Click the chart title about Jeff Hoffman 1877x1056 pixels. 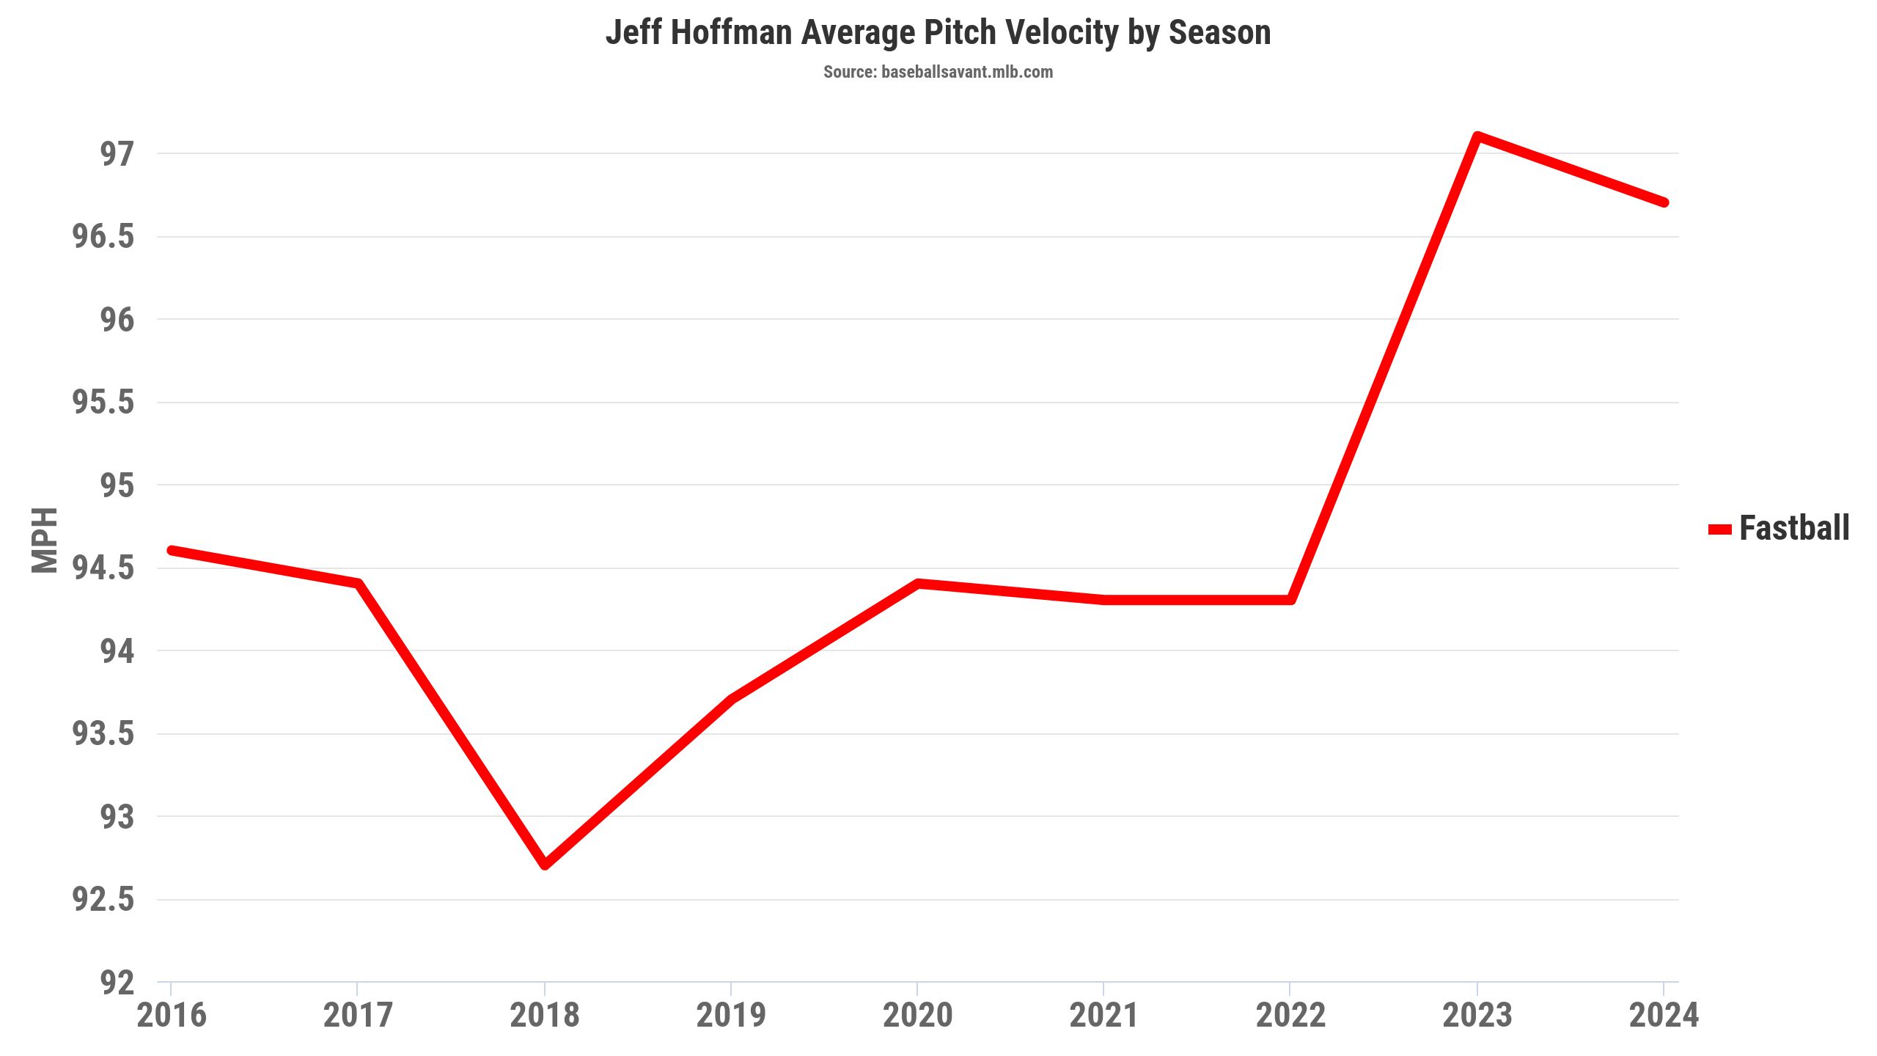(x=938, y=33)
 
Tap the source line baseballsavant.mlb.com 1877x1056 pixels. (x=938, y=72)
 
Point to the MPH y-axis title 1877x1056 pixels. (x=45, y=540)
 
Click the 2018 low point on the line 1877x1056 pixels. (x=545, y=865)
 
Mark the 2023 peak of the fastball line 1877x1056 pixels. (x=1477, y=136)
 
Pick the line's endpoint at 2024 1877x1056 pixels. (x=1664, y=202)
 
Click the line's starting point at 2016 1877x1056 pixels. (x=172, y=550)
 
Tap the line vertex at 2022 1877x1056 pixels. (x=1290, y=600)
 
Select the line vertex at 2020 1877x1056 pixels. (x=917, y=584)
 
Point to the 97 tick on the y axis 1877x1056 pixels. (x=117, y=154)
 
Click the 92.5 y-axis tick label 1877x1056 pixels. (x=103, y=900)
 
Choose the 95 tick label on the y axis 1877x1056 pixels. (x=117, y=485)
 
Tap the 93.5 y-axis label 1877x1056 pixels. (x=103, y=734)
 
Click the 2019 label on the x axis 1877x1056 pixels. (x=731, y=1016)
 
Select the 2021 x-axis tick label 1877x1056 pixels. (x=1103, y=1016)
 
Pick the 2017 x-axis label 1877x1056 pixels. (x=358, y=1016)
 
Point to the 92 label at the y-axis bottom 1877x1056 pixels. (x=117, y=983)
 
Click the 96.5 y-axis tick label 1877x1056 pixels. (x=103, y=237)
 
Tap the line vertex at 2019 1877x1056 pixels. (x=731, y=699)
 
